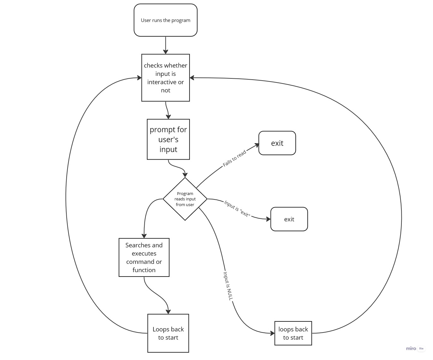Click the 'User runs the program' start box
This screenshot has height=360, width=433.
pyautogui.click(x=165, y=20)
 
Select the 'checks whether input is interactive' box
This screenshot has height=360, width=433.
pyautogui.click(x=165, y=78)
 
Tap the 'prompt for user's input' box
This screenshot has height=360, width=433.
pyautogui.click(x=168, y=139)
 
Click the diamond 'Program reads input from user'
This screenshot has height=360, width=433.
pyautogui.click(x=185, y=199)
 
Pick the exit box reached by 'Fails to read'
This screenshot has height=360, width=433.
pyautogui.click(x=277, y=143)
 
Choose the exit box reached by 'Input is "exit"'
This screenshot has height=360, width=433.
pyautogui.click(x=289, y=219)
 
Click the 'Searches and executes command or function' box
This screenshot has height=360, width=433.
pyautogui.click(x=144, y=258)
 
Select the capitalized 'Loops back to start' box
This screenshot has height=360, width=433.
pyautogui.click(x=168, y=333)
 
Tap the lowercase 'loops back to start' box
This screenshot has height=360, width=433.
pyautogui.click(x=293, y=333)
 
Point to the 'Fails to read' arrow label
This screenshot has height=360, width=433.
pyautogui.click(x=234, y=159)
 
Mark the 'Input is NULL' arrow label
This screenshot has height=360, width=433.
pyautogui.click(x=228, y=286)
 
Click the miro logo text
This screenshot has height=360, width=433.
pyautogui.click(x=411, y=348)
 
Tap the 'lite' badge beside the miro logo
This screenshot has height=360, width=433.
pyautogui.click(x=421, y=348)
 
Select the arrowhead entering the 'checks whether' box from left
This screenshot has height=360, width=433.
pyautogui.click(x=139, y=78)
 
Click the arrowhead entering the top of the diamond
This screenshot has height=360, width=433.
pyautogui.click(x=185, y=175)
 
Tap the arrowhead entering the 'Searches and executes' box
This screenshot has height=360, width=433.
pyautogui.click(x=144, y=236)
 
